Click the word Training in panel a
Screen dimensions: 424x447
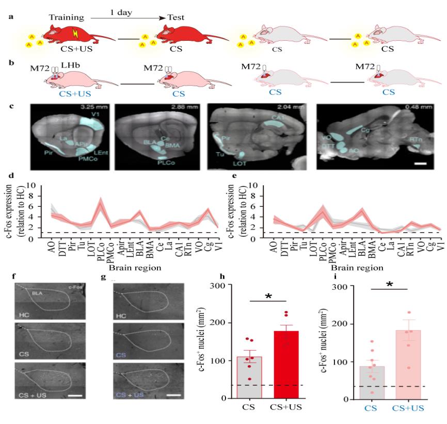coord(66,18)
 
